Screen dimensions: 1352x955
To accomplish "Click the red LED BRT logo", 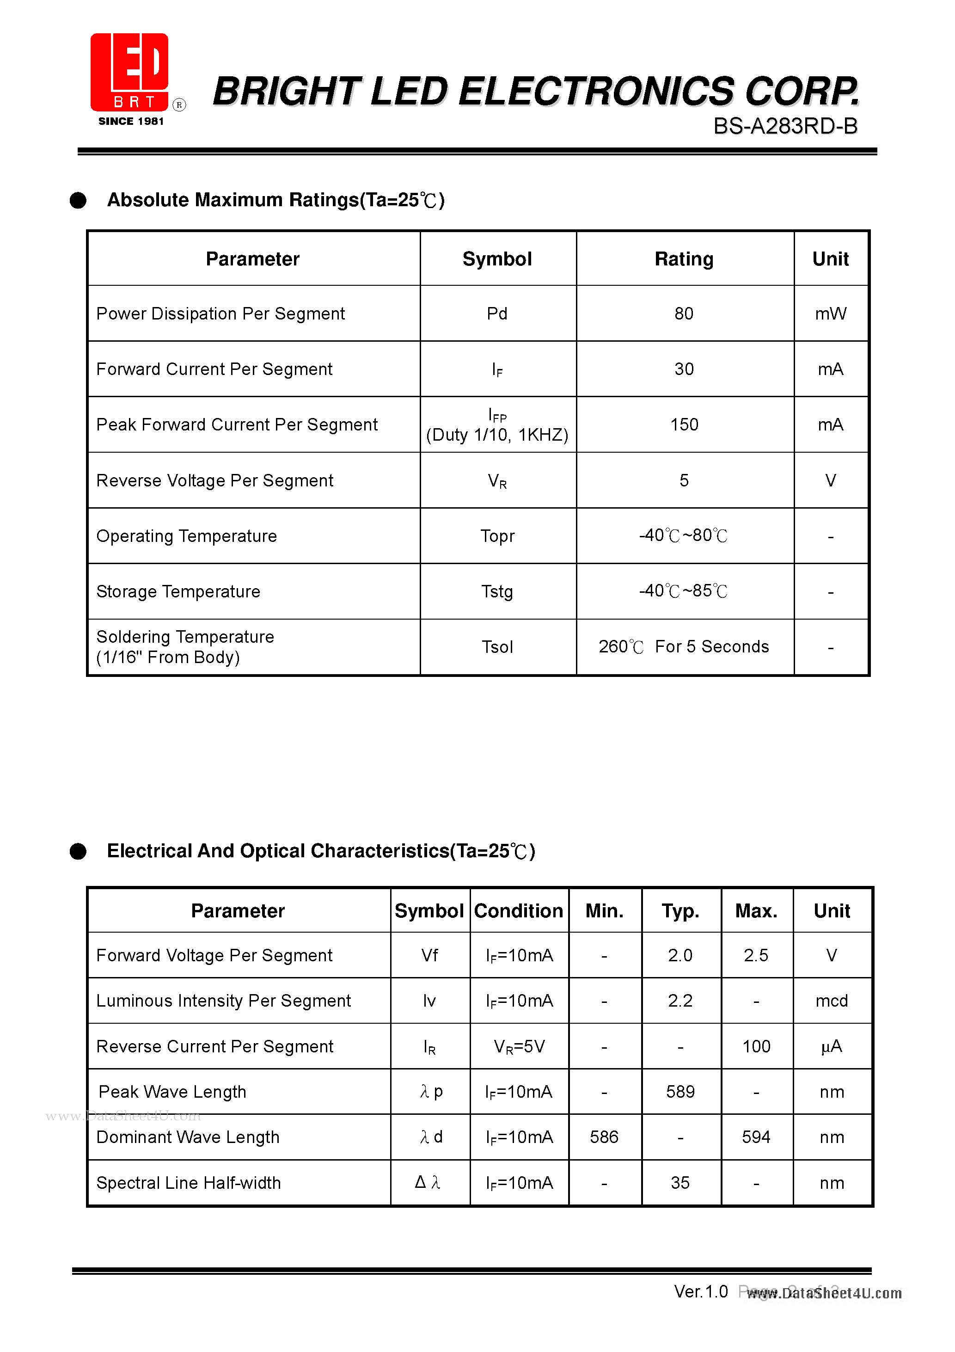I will (130, 73).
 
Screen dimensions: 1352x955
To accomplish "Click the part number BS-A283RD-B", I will (785, 126).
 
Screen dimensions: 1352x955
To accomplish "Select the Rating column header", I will (684, 259).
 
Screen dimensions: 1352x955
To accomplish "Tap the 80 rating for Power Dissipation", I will (684, 313).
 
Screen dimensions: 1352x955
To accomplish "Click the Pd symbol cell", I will (497, 313).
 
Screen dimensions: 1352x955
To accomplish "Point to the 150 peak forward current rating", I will (684, 424).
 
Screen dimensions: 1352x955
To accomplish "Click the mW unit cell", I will (830, 313).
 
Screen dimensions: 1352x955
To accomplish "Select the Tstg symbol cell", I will (497, 591).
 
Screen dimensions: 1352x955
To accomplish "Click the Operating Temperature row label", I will (187, 536).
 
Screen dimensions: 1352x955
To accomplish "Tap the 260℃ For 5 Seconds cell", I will (684, 646).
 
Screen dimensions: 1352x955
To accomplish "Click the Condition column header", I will (518, 911).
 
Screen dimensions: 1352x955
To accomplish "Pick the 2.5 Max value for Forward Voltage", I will (755, 955).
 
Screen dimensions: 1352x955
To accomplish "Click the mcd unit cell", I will (832, 1001).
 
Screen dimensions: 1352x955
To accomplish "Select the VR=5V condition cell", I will (519, 1046).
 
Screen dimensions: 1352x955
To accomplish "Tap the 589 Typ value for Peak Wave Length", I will (680, 1092).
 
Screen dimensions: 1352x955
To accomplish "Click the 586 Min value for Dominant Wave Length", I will (604, 1137).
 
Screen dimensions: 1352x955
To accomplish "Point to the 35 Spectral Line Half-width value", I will (680, 1182).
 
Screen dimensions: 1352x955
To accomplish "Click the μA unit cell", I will (832, 1046).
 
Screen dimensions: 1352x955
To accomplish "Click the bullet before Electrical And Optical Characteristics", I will (78, 852).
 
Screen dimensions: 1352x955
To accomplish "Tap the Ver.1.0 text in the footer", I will (701, 1292).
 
